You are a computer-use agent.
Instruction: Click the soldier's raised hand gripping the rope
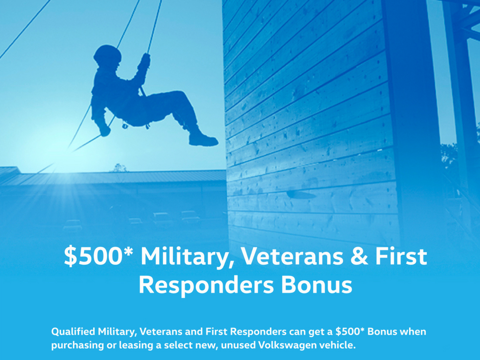click(145, 61)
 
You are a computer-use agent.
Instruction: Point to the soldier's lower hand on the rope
click(105, 130)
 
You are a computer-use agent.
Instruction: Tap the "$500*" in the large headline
click(98, 256)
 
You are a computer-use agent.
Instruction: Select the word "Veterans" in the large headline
click(292, 256)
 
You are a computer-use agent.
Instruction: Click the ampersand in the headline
click(359, 256)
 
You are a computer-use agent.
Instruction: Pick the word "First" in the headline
click(401, 256)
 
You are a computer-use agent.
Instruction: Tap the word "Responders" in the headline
click(207, 285)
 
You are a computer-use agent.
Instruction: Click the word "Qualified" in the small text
click(73, 331)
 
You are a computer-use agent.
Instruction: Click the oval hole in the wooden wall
click(301, 195)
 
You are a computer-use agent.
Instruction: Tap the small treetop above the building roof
click(120, 168)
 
